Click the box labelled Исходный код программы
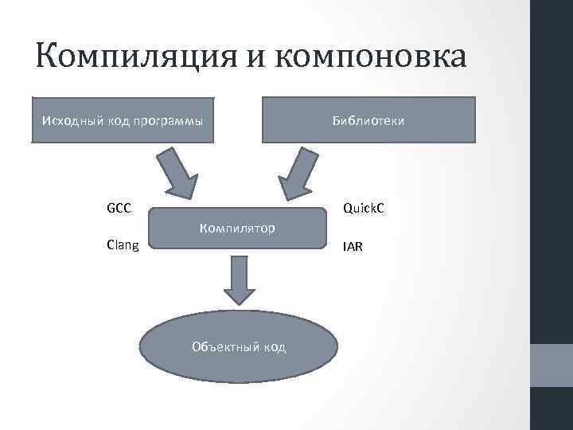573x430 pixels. click(123, 119)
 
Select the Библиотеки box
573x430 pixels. click(368, 119)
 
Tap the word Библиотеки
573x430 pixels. click(368, 121)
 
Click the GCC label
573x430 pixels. click(119, 208)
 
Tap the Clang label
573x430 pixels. click(123, 245)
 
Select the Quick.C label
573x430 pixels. click(364, 208)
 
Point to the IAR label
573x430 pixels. click(353, 247)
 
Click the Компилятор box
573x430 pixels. click(238, 229)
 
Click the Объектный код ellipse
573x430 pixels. click(238, 346)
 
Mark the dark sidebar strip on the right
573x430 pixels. click(552, 159)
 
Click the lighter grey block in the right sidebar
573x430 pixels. click(552, 365)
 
